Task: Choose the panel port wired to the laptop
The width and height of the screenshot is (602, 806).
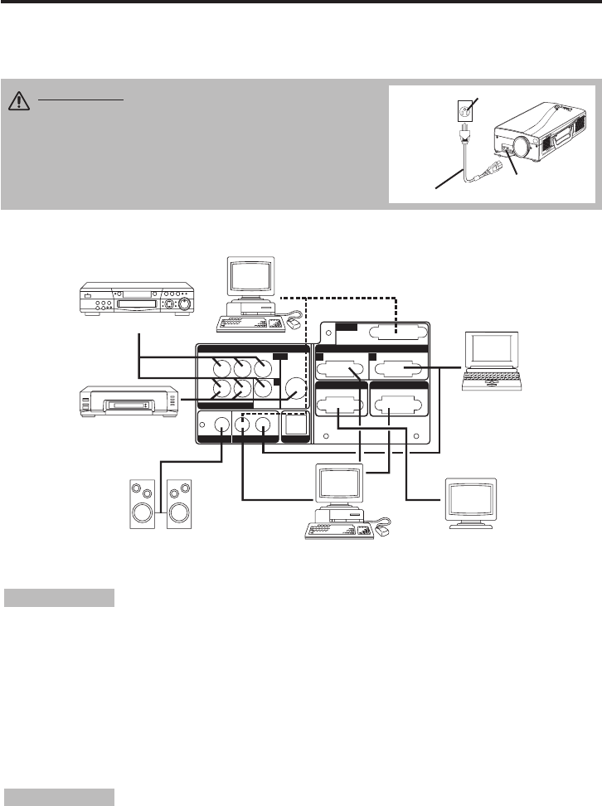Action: pyautogui.click(x=401, y=372)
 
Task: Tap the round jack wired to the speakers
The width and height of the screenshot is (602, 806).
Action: pyautogui.click(x=221, y=426)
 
